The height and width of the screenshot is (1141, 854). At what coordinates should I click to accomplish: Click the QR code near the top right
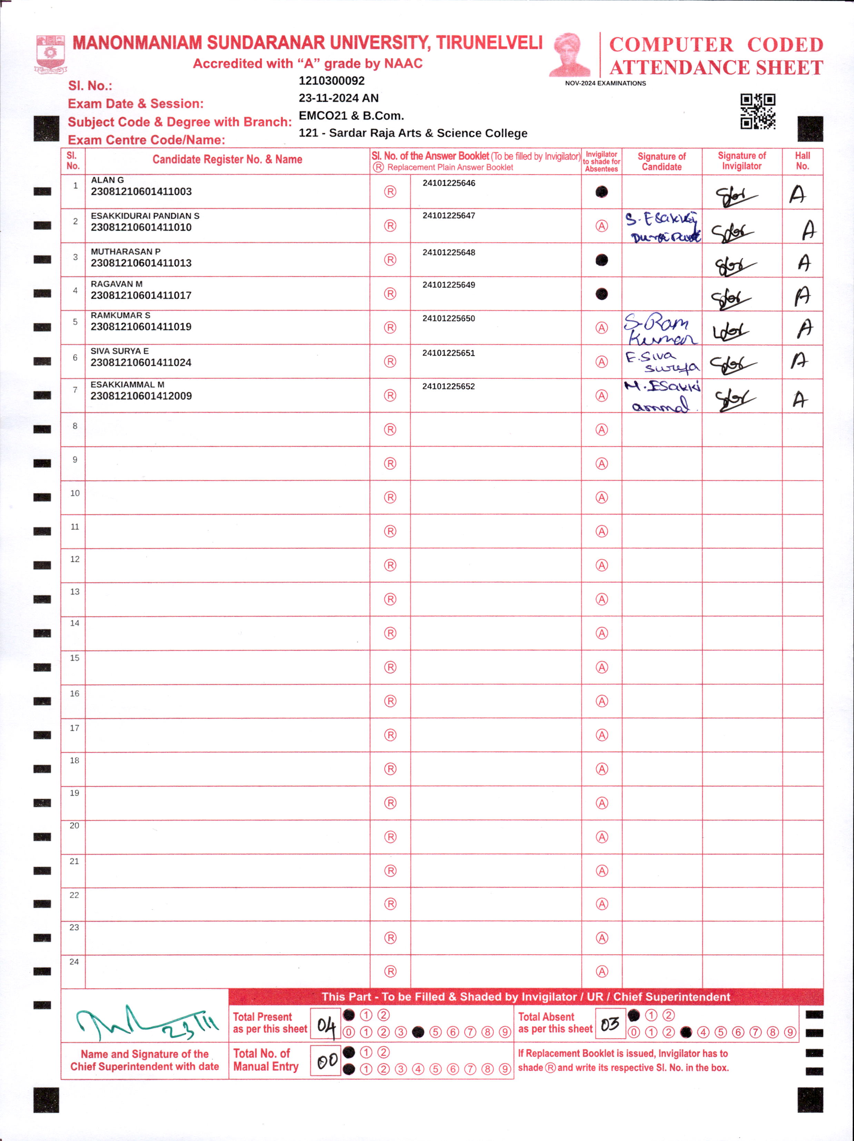(x=757, y=111)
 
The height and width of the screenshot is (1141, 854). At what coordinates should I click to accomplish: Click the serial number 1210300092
(x=331, y=81)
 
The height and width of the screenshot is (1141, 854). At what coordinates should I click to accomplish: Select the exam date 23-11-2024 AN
(x=338, y=98)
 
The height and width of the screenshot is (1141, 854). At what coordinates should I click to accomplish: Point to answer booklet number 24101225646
(x=449, y=183)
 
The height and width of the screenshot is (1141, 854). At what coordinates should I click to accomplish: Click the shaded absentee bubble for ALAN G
(x=601, y=192)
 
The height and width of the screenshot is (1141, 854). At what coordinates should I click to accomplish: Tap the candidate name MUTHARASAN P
(x=125, y=252)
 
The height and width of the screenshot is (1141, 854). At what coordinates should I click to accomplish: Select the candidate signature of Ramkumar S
(x=660, y=329)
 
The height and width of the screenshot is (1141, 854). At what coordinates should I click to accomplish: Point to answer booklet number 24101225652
(x=449, y=386)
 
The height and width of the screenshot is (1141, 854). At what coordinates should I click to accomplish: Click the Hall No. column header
(x=802, y=161)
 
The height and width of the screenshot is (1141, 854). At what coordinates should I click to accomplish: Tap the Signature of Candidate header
(x=662, y=161)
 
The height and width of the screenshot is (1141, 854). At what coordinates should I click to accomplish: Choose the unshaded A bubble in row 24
(x=601, y=971)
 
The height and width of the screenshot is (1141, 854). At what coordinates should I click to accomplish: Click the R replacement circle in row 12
(x=390, y=565)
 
